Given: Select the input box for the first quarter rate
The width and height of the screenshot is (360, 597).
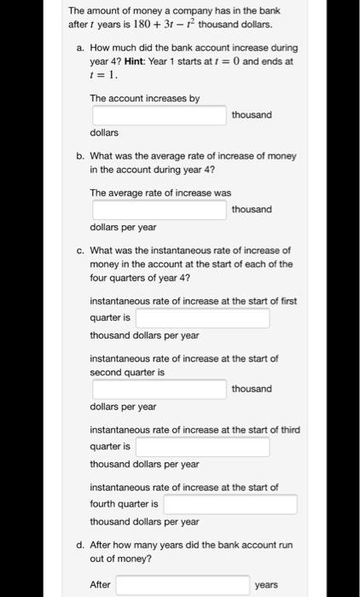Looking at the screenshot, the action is point(202,318).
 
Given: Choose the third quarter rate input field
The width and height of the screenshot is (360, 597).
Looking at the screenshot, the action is point(202,447).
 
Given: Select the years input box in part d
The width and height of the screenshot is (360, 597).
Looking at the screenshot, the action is point(183,585).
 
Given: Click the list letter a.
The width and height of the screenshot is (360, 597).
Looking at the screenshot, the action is point(79,49).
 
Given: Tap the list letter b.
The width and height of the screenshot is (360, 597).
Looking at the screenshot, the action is point(79,156).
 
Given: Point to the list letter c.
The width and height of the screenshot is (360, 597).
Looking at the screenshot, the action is point(79,251).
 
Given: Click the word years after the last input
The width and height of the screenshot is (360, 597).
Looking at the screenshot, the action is point(266,585).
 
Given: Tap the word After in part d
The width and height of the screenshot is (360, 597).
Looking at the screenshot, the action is point(101,585).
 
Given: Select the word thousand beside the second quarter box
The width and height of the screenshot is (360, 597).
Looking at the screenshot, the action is point(252,389).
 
